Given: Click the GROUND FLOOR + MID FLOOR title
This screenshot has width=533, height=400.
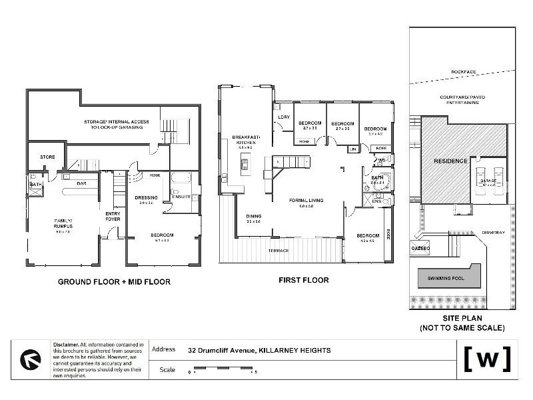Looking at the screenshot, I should click(x=114, y=282).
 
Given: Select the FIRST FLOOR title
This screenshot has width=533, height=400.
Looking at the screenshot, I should click(x=303, y=281).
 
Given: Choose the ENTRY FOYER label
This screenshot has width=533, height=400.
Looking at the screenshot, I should click(x=113, y=216).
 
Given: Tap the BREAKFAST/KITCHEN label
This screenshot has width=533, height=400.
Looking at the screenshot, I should click(x=245, y=139).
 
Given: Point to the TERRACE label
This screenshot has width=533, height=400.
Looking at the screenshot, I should click(x=278, y=251).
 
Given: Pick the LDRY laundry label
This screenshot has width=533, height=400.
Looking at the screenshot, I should click(x=282, y=119).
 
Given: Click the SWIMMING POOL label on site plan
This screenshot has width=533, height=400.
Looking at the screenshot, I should click(x=446, y=275).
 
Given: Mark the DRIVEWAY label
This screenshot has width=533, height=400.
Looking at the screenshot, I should click(x=494, y=232).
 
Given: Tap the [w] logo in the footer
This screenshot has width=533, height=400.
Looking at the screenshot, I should click(x=487, y=359).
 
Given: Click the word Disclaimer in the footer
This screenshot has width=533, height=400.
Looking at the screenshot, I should click(x=65, y=344).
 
